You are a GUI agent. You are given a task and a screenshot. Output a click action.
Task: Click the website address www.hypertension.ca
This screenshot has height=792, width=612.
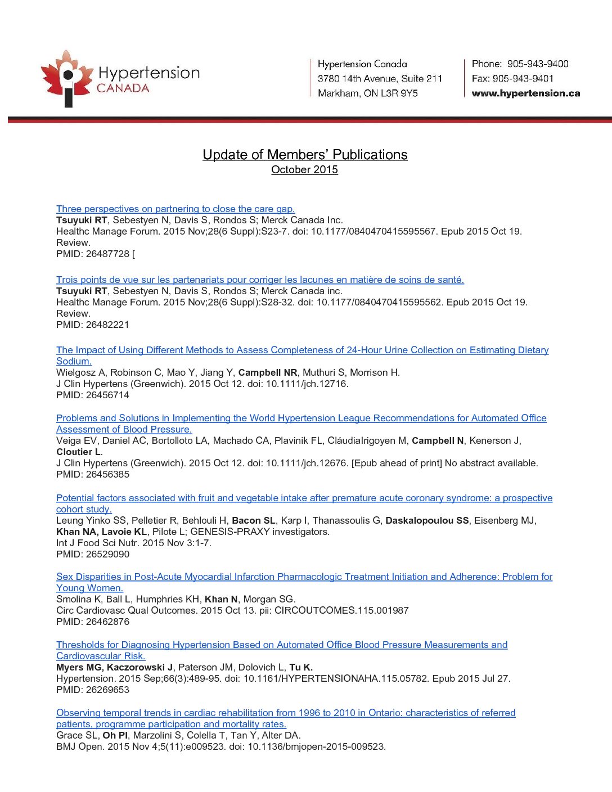coord(525,93)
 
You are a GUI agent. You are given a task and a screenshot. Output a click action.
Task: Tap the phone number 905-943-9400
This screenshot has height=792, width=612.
coord(537,64)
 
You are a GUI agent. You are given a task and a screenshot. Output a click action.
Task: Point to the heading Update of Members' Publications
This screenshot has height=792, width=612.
coord(305,155)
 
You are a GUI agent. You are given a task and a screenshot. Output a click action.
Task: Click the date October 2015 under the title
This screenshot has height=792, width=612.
coord(304,170)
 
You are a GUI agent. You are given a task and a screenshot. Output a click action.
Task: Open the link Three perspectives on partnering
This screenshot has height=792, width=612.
coord(175,209)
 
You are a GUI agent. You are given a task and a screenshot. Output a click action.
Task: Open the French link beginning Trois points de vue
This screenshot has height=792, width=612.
coord(260,280)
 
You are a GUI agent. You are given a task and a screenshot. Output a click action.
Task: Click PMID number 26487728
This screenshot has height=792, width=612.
coord(107,254)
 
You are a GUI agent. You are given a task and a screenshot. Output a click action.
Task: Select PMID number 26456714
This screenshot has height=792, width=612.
coord(107,395)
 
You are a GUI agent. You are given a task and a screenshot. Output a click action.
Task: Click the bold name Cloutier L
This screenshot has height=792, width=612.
coord(79,452)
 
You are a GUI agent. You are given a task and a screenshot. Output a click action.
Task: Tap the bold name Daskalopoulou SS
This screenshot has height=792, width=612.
coord(427,520)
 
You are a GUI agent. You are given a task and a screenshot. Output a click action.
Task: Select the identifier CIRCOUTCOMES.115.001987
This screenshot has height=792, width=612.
coord(341,610)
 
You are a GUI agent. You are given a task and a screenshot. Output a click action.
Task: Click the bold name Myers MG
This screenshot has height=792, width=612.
coord(78,667)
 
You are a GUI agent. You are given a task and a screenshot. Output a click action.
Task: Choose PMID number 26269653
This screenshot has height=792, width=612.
coord(107,690)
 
